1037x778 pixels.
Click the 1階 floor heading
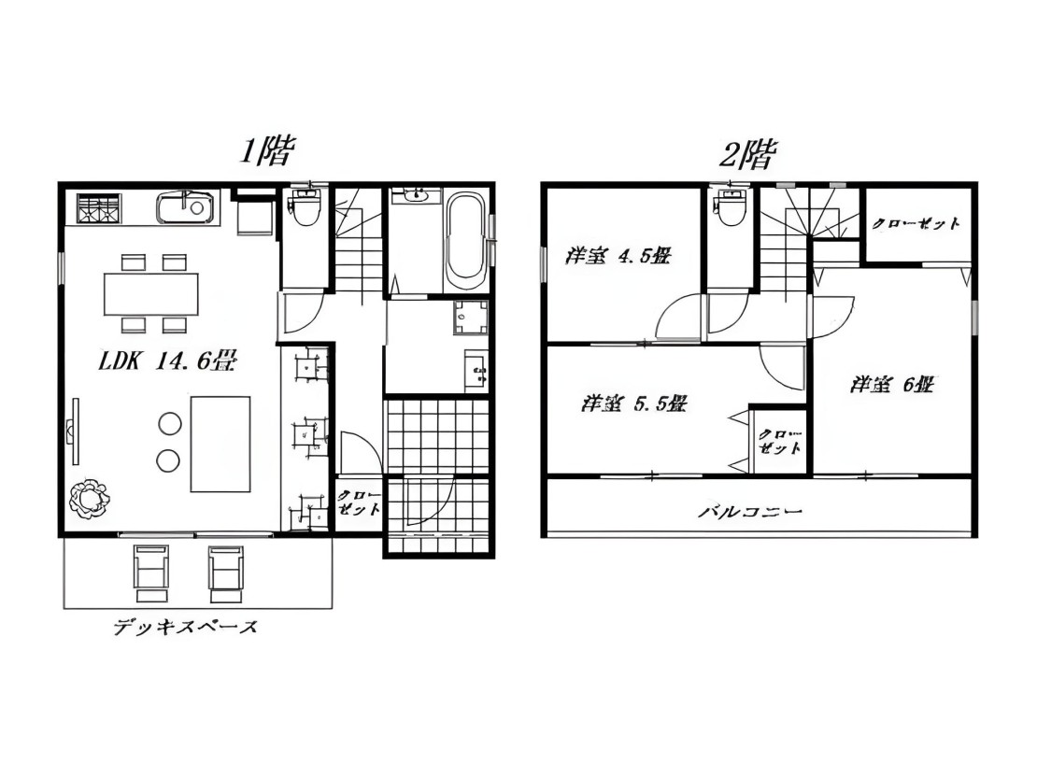pos(266,151)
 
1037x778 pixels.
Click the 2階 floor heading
pos(747,155)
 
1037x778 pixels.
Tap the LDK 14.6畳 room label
pos(168,361)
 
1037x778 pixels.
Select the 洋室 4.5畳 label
pos(618,255)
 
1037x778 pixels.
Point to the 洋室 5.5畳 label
pos(634,403)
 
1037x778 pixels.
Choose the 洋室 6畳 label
pos(892,384)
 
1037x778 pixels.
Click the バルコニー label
pos(750,511)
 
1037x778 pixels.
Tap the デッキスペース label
pos(185,627)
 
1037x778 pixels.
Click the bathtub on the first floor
pos(467,241)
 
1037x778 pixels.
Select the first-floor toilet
pos(305,207)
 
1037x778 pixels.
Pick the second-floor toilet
pos(731,207)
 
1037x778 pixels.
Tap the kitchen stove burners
pos(98,207)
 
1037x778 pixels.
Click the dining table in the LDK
pos(151,294)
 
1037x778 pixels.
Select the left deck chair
pos(151,573)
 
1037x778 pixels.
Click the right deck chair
pos(227,573)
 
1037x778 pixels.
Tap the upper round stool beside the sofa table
pos(169,424)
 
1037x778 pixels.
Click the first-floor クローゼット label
pos(359,503)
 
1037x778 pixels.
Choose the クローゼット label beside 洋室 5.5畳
pos(780,441)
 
